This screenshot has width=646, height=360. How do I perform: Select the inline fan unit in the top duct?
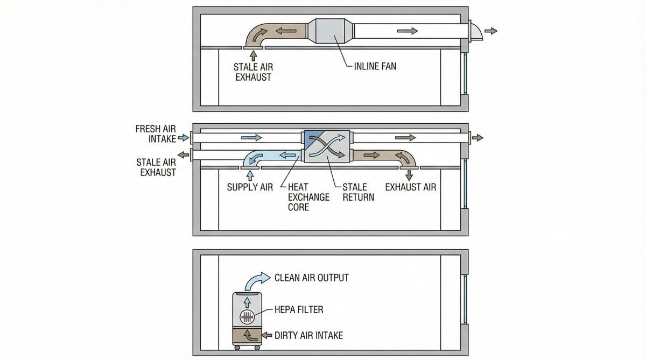pyautogui.click(x=331, y=31)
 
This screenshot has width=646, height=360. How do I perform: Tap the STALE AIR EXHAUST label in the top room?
pyautogui.click(x=252, y=72)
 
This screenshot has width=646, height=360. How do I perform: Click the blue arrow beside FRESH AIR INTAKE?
pyautogui.click(x=184, y=138)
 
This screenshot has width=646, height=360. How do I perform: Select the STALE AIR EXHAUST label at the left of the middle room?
pyautogui.click(x=156, y=167)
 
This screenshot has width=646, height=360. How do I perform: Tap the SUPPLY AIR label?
pyautogui.click(x=250, y=187)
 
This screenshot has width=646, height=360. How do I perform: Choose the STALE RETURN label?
pyautogui.click(x=358, y=192)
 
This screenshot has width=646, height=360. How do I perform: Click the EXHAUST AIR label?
pyautogui.click(x=411, y=187)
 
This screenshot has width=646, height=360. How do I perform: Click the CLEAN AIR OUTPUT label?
pyautogui.click(x=311, y=278)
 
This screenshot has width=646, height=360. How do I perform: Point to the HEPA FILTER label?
pyautogui.click(x=299, y=309)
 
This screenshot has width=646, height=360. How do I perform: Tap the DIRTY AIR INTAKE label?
pyautogui.click(x=308, y=335)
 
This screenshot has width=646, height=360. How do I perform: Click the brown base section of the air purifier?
pyautogui.click(x=247, y=335)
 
